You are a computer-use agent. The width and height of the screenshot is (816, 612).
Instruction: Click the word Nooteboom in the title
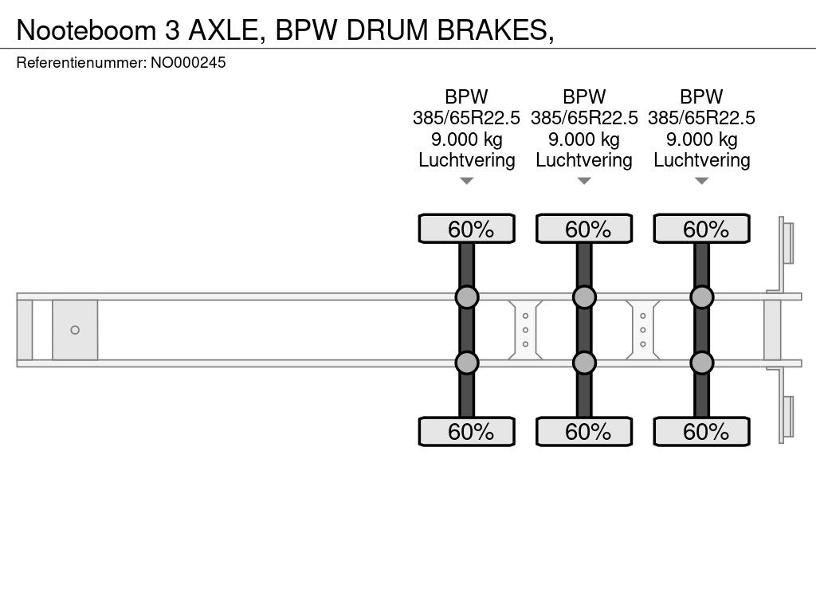coord(86,30)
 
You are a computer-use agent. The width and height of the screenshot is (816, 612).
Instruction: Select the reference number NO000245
coord(188,62)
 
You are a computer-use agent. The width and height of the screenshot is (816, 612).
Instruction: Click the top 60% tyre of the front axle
coord(467,229)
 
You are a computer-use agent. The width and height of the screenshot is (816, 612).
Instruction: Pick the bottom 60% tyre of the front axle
coord(467,431)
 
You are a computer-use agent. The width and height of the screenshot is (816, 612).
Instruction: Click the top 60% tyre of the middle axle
coord(584,229)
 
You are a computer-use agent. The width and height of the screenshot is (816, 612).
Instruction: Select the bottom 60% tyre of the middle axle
coord(584,431)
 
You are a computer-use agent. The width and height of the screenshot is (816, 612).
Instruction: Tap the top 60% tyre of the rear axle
coord(701,229)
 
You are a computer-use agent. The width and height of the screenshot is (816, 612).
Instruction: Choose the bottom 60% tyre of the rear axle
coord(701,431)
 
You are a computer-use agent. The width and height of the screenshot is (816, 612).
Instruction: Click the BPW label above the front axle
coord(466,96)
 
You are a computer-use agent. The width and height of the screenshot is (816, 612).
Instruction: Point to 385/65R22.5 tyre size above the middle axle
coord(584,118)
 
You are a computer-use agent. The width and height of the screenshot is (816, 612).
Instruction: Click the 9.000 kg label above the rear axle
coord(701,139)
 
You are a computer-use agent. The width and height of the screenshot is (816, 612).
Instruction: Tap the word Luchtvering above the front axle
coord(467,160)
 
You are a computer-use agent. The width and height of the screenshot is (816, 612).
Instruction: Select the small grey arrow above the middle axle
coord(584,181)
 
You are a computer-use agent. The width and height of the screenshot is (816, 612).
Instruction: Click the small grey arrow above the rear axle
coord(701,181)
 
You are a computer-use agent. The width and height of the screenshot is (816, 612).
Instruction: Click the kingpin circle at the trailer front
coord(75,330)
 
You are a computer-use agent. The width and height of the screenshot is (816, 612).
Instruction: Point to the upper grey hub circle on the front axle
coord(467,297)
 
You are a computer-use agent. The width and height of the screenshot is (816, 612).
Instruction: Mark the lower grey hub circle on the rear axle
coord(701,363)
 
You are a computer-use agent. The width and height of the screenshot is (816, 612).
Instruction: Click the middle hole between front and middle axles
coord(526,330)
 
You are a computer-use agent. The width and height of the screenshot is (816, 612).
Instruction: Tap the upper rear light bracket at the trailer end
coord(786,243)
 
